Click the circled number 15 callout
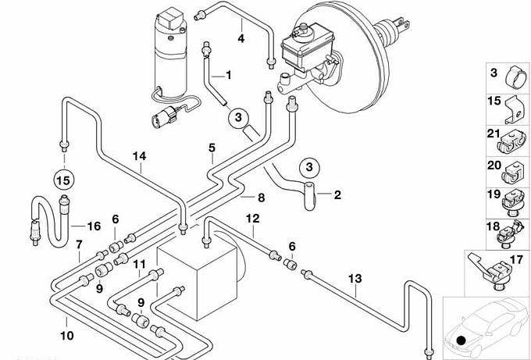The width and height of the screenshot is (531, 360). click(x=64, y=180)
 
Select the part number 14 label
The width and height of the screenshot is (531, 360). click(x=139, y=156)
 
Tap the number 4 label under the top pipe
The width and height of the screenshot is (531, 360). click(x=241, y=38)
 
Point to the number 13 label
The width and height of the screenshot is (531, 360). click(x=355, y=279)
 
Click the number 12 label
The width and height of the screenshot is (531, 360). click(x=253, y=219)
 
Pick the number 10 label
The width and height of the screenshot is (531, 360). click(x=66, y=336)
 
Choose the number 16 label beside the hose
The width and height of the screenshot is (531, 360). click(x=94, y=226)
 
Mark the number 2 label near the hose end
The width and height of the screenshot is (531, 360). click(x=337, y=194)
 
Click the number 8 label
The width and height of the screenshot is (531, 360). click(x=261, y=198)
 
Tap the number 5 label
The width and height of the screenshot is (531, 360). click(x=212, y=148)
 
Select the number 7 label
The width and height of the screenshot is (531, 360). click(x=79, y=244)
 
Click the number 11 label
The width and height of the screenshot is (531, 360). click(x=139, y=264)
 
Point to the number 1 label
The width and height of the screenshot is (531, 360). click(x=229, y=75)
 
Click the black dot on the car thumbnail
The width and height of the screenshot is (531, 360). click(x=462, y=340)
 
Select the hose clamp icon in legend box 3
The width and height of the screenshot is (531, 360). click(x=515, y=77)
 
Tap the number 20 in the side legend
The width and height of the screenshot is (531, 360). click(x=494, y=166)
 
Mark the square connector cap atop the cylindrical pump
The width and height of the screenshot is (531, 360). click(x=171, y=18)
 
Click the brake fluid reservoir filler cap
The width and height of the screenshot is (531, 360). click(x=302, y=27)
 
